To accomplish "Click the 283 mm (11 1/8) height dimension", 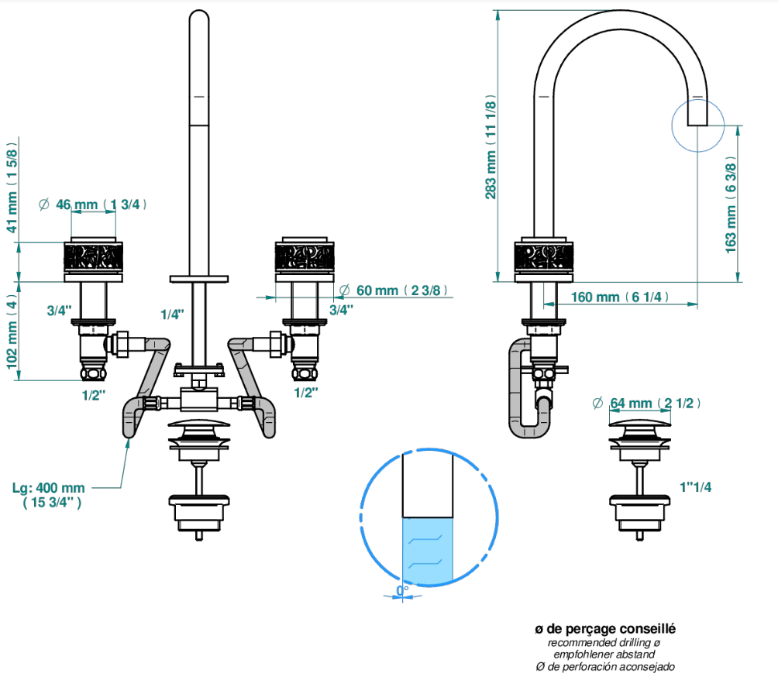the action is click(x=491, y=147).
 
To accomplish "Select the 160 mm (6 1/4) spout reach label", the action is click(x=620, y=297).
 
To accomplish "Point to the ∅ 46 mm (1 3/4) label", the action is click(x=93, y=204).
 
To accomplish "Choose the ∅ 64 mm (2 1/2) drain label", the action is click(x=646, y=404).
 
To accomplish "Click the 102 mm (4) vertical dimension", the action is click(x=12, y=333).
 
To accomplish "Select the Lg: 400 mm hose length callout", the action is click(x=49, y=495).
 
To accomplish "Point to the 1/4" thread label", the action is click(x=172, y=314).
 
